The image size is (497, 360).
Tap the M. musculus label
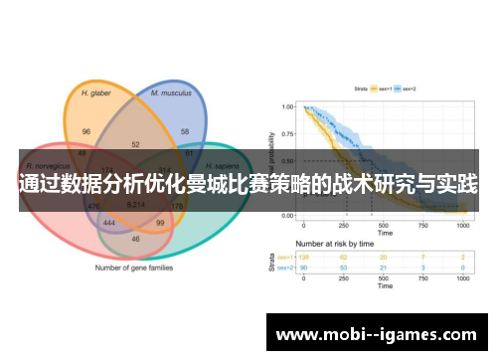click(170, 92)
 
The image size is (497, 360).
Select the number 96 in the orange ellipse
click(86, 131)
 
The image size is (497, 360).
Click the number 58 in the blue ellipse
click(185, 131)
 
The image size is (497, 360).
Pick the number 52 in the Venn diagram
click(135, 145)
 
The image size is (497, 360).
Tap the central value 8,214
click(136, 204)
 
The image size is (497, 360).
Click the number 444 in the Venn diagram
click(110, 224)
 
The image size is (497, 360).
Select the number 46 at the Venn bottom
click(135, 240)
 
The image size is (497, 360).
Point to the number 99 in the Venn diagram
click(160, 224)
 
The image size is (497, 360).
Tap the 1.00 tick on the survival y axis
click(286, 107)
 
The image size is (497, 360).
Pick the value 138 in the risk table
click(305, 257)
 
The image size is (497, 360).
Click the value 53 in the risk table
click(345, 267)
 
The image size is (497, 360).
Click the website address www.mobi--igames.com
click(378, 334)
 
